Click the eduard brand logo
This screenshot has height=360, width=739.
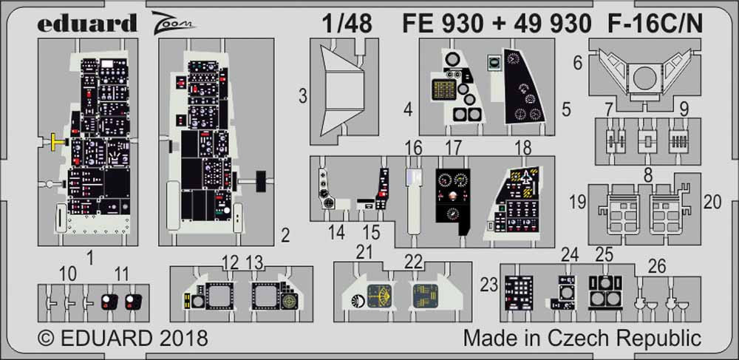click(x=87, y=23)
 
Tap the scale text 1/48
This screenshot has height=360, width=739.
click(x=347, y=23)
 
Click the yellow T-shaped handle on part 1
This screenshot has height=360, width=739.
click(x=55, y=141)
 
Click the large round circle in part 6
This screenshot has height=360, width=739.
click(x=644, y=78)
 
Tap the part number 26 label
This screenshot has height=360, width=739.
click(x=657, y=267)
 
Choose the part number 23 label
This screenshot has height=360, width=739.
click(x=490, y=285)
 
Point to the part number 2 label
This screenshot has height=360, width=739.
click(x=285, y=235)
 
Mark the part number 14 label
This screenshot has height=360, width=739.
click(x=336, y=233)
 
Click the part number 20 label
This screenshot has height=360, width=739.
click(x=712, y=202)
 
